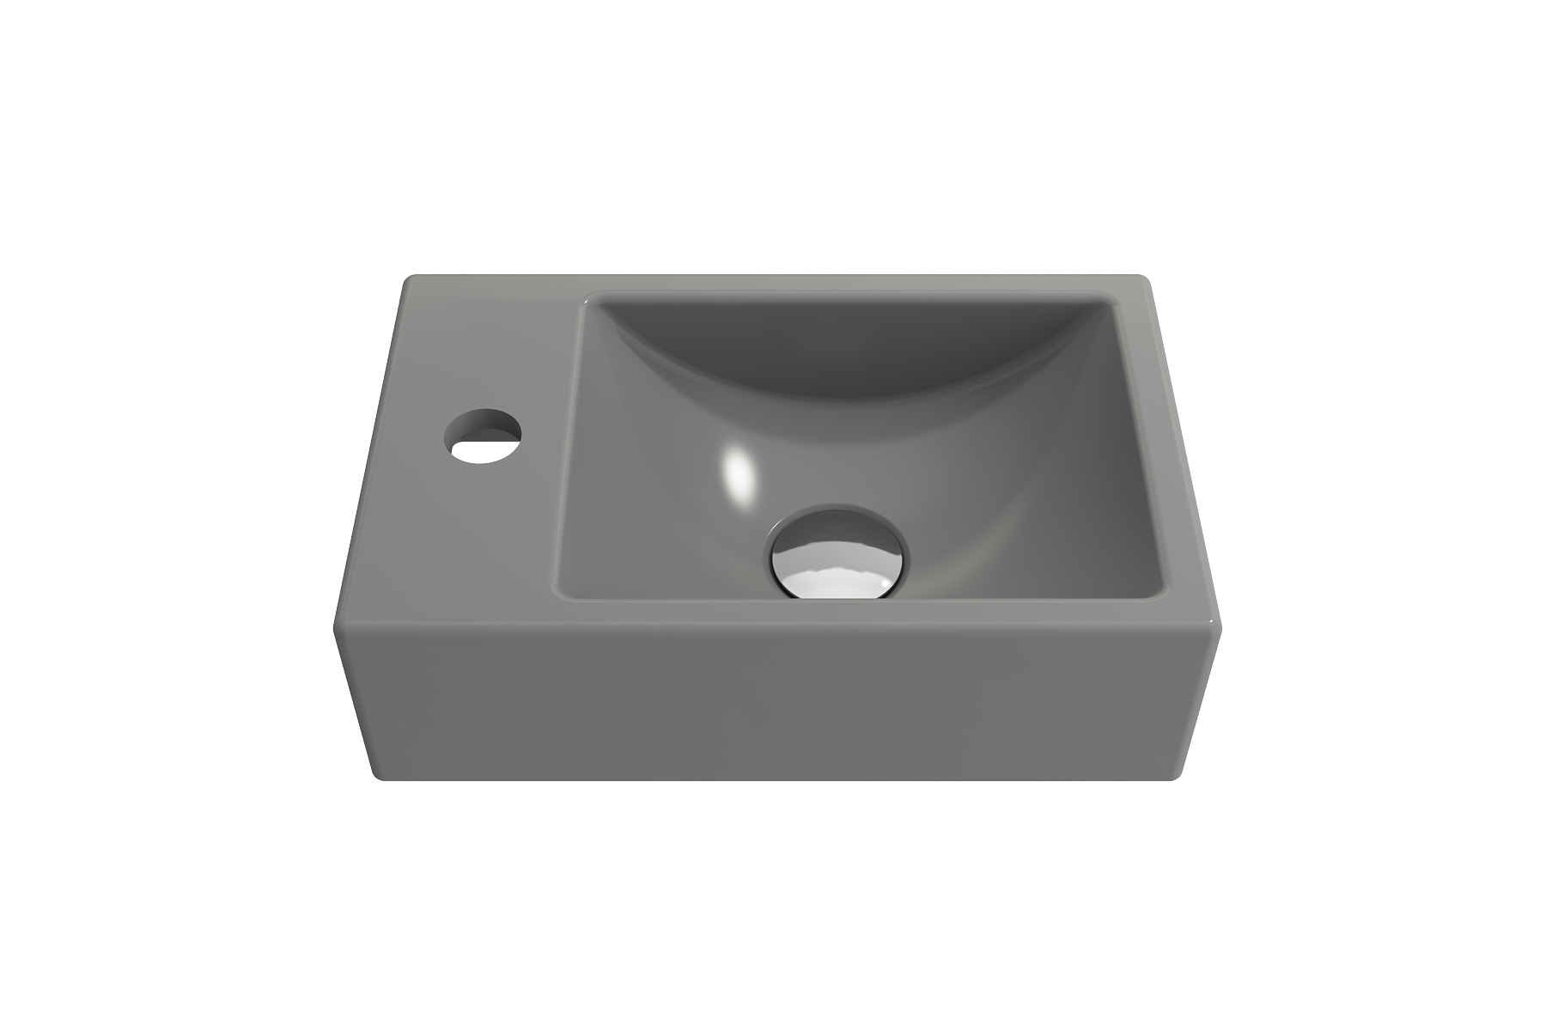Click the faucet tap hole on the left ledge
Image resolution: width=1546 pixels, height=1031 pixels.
click(483, 436)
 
